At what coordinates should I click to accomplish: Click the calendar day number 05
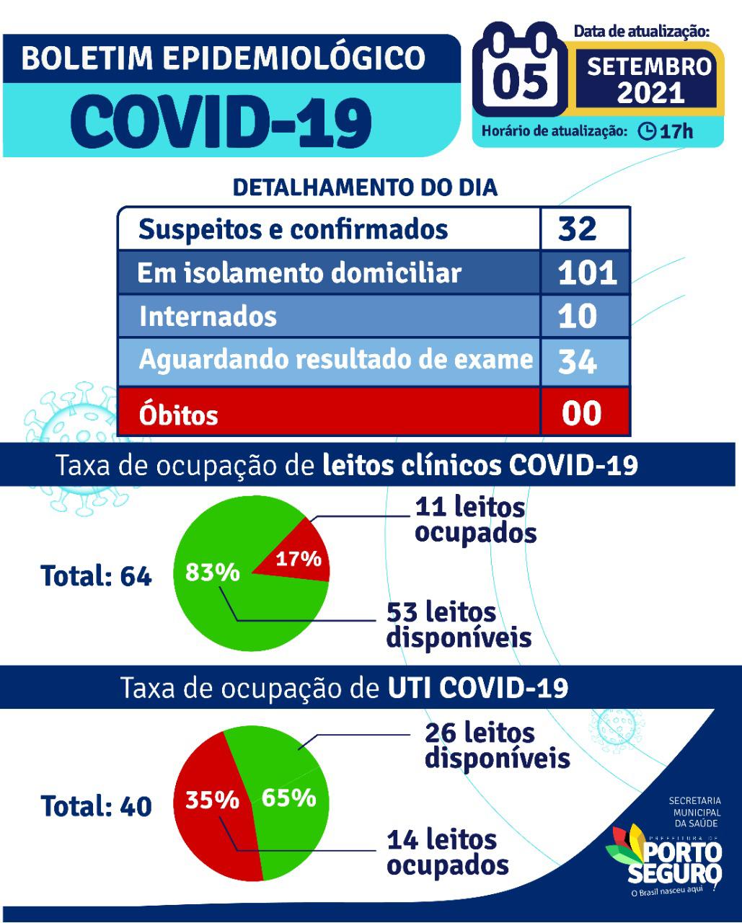(x=520, y=81)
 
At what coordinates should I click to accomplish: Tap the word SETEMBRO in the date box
(x=650, y=66)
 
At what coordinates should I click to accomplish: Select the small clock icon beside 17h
(x=646, y=131)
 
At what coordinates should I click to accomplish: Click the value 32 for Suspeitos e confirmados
(x=578, y=229)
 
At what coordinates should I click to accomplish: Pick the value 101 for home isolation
(x=587, y=273)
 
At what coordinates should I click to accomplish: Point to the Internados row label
(x=208, y=316)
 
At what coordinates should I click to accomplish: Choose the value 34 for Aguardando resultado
(x=578, y=361)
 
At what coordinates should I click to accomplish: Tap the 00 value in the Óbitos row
(x=581, y=413)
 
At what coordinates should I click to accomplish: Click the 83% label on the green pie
(x=212, y=572)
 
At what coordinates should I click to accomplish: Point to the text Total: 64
(x=96, y=575)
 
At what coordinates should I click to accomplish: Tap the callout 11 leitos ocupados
(x=476, y=519)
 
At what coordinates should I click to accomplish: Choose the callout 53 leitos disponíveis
(x=459, y=624)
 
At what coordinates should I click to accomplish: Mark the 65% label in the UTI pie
(x=288, y=798)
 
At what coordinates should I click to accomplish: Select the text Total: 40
(x=96, y=806)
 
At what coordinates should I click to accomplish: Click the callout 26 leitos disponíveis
(x=498, y=746)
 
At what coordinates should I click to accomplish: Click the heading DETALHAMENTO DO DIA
(x=365, y=187)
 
